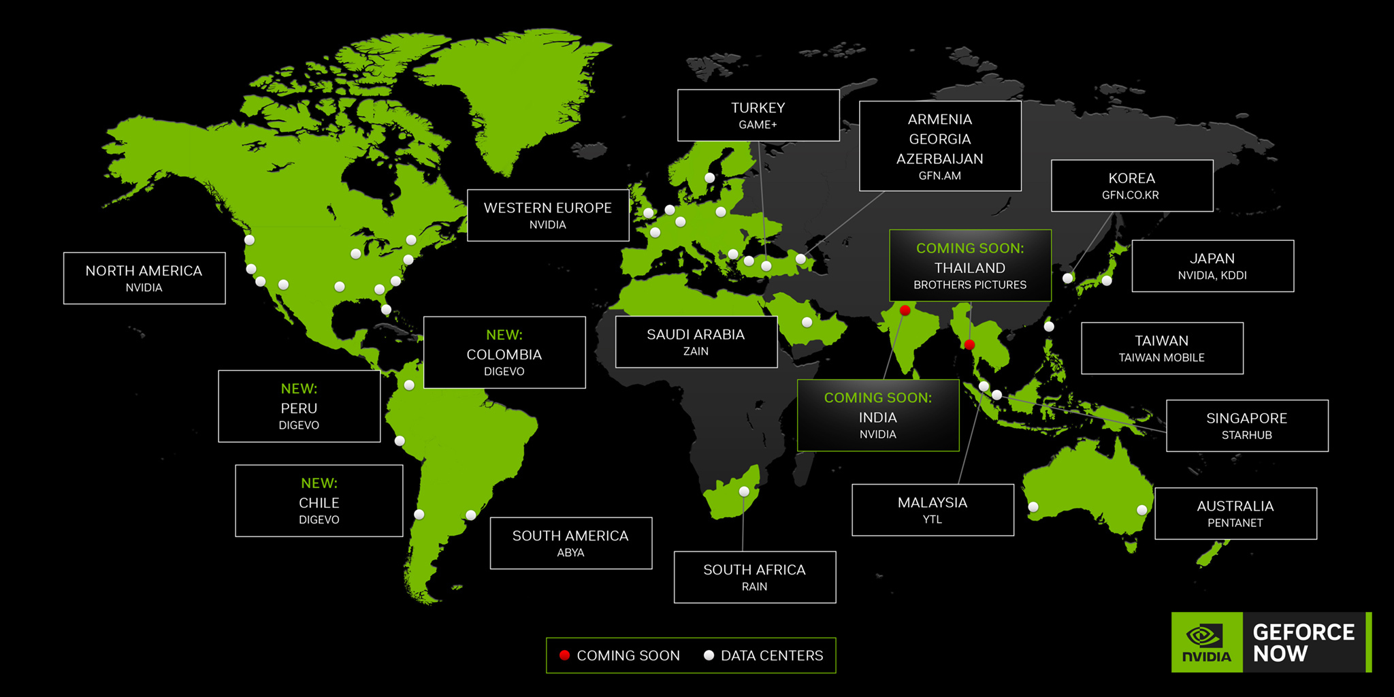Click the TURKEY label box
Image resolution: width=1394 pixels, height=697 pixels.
pyautogui.click(x=758, y=115)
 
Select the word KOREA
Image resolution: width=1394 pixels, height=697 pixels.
pyautogui.click(x=1131, y=178)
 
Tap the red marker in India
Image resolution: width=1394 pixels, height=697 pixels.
pyautogui.click(x=905, y=310)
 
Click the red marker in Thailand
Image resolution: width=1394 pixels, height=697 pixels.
pyautogui.click(x=969, y=345)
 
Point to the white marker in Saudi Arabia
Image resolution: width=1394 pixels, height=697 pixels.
pyautogui.click(x=807, y=322)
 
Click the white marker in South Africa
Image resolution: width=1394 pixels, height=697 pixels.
pyautogui.click(x=744, y=491)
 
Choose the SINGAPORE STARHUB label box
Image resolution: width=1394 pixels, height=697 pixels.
pyautogui.click(x=1246, y=425)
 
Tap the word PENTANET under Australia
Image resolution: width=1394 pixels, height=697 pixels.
pyautogui.click(x=1235, y=523)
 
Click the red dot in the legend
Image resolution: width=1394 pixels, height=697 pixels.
pyautogui.click(x=564, y=655)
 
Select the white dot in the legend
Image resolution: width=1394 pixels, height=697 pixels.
pyautogui.click(x=709, y=655)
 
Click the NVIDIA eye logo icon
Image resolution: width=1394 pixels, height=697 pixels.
pyautogui.click(x=1203, y=635)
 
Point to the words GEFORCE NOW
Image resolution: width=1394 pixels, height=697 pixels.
pyautogui.click(x=1303, y=643)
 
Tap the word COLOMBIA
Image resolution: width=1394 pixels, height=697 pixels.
pyautogui.click(x=504, y=355)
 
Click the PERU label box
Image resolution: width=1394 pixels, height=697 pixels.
pyautogui.click(x=299, y=406)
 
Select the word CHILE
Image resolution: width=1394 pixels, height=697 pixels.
pyautogui.click(x=319, y=503)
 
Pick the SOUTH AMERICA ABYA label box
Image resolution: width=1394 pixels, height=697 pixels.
pyautogui.click(x=570, y=543)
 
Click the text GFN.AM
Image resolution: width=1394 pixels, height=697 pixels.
pyautogui.click(x=939, y=176)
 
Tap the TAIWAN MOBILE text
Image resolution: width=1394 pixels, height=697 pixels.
pyautogui.click(x=1161, y=357)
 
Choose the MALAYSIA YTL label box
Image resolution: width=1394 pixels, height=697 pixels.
pyautogui.click(x=932, y=510)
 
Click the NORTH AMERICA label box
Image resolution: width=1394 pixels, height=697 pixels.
pyautogui.click(x=144, y=278)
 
